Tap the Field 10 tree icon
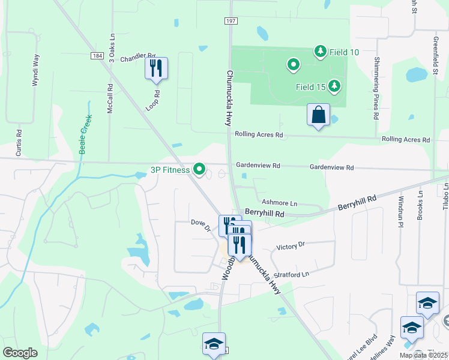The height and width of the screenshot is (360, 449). coord(321,52)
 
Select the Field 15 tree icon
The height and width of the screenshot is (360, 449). coord(334,87)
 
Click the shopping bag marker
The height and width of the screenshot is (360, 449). coord(318,115)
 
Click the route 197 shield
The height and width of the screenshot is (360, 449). coord(231,21)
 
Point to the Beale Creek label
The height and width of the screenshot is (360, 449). coord(86,134)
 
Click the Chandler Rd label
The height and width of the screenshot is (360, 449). coord(138,58)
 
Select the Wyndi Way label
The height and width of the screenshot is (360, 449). coord(36,71)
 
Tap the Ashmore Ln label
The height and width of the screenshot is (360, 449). coord(280,203)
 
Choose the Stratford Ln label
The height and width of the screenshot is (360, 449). coord(291,274)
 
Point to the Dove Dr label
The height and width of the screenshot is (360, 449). coord(200,225)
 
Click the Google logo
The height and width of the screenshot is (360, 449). coord(20,353)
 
